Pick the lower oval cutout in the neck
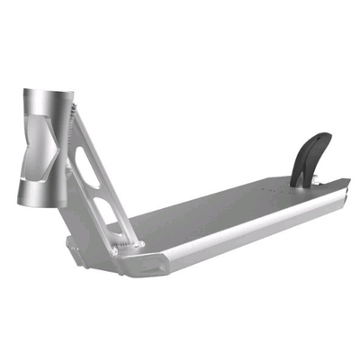(x=109, y=215)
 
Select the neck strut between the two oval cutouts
(x=99, y=191)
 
